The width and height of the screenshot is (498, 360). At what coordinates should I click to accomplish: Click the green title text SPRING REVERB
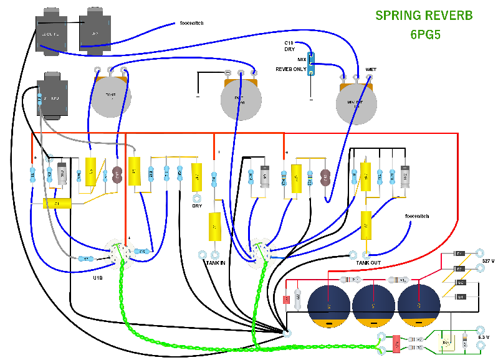click(x=424, y=16)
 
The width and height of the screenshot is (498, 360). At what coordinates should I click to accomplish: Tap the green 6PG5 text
click(x=425, y=34)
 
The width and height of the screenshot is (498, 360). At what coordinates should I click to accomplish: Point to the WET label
click(x=371, y=69)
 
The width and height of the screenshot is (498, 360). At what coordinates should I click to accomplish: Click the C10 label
click(x=290, y=42)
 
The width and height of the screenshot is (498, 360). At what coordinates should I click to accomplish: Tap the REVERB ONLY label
click(x=291, y=69)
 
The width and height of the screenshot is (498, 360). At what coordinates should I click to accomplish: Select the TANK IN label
click(x=215, y=263)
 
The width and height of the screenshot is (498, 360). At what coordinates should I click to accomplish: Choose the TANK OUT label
click(x=368, y=263)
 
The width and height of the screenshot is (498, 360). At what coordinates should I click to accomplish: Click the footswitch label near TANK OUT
click(x=417, y=216)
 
